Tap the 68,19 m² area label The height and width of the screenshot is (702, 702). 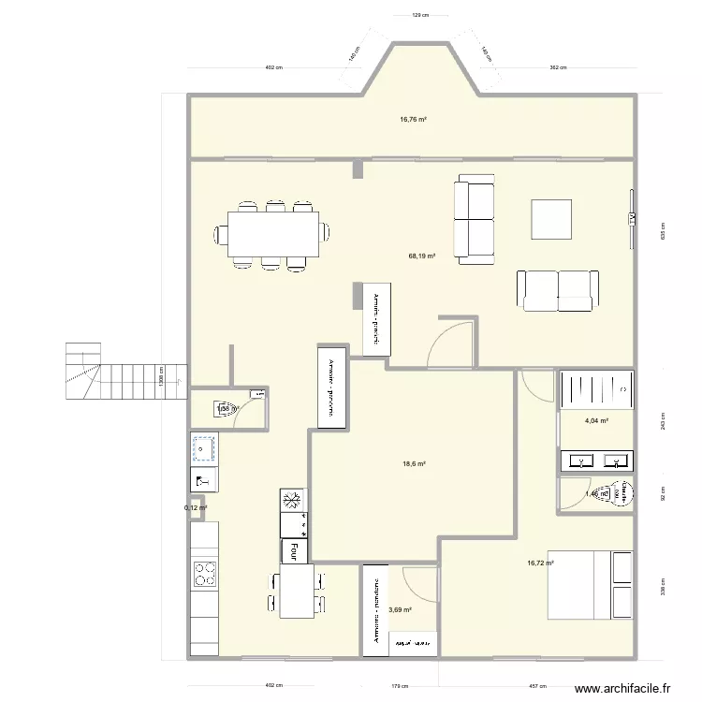click(x=421, y=255)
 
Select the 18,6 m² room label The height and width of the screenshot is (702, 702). click(x=415, y=464)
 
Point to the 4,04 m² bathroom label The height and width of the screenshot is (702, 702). click(x=596, y=422)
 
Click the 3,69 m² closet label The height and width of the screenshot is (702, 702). click(x=401, y=610)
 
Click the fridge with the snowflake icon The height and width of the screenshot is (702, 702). click(x=292, y=501)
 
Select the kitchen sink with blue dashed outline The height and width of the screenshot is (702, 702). click(x=203, y=449)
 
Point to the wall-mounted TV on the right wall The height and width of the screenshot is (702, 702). click(x=631, y=218)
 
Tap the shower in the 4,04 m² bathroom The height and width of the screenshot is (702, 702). click(x=596, y=390)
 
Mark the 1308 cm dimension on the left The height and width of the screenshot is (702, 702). click(x=161, y=381)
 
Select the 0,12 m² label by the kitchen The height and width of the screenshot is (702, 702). click(x=196, y=508)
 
